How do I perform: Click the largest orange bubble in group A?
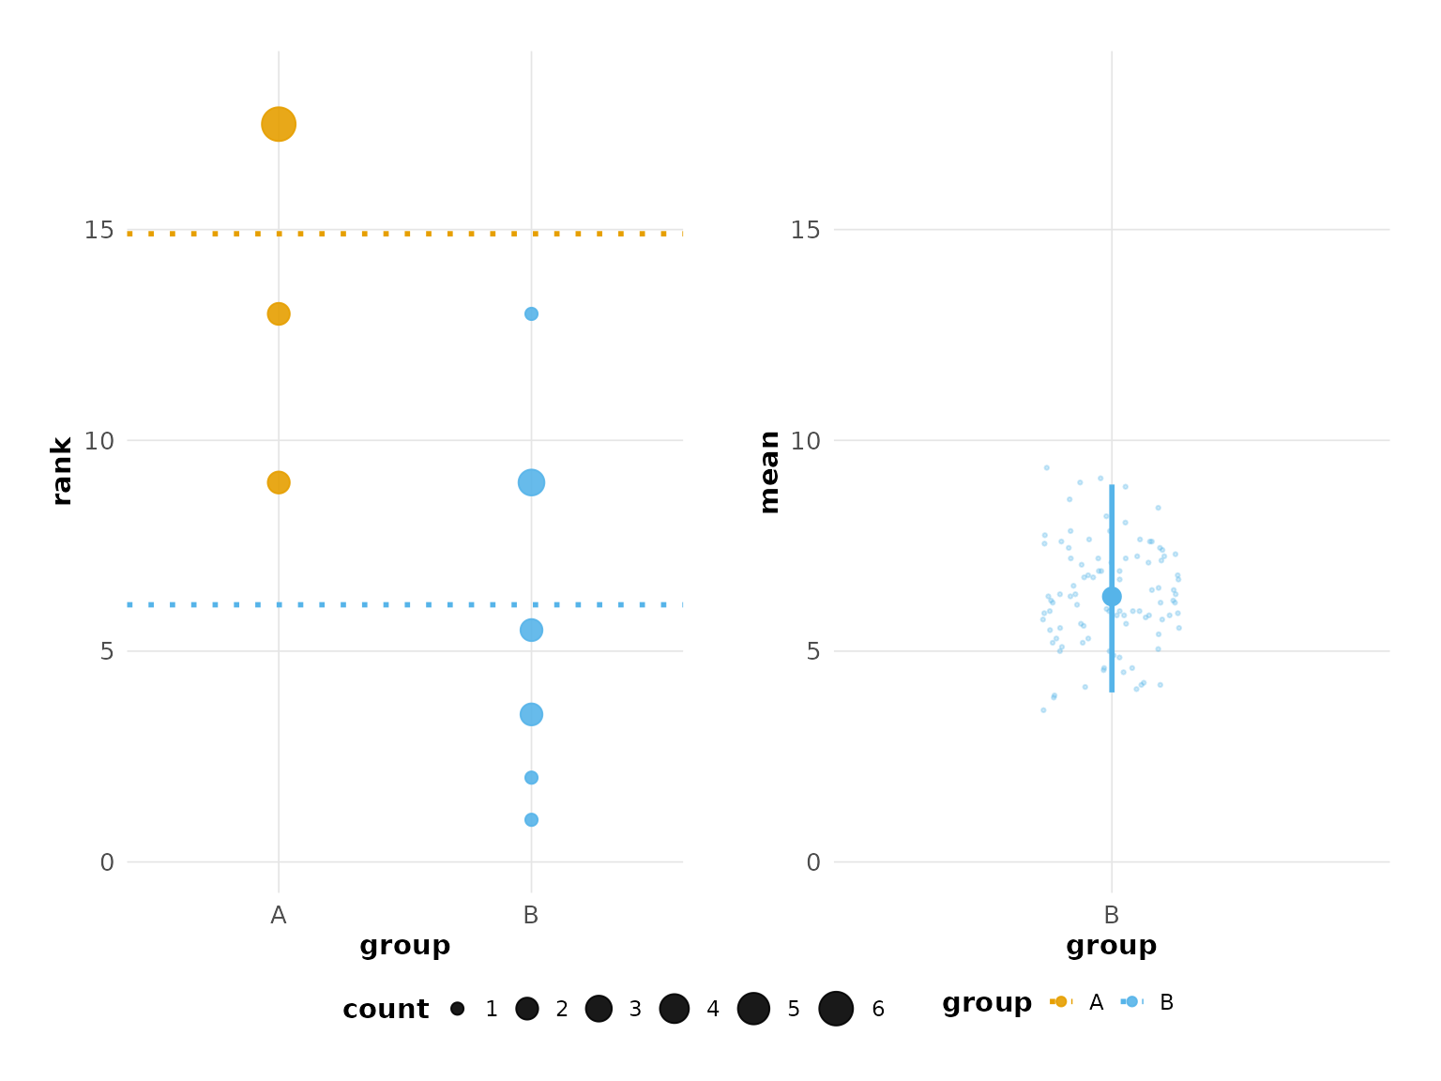click(x=278, y=124)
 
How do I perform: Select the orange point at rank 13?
click(x=278, y=313)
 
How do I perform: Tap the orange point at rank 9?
click(x=278, y=482)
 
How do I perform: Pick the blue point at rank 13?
click(x=531, y=313)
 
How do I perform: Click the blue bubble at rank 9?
click(x=531, y=482)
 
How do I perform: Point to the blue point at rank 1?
click(x=531, y=820)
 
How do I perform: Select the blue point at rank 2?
click(x=531, y=778)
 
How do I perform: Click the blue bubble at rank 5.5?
click(x=531, y=630)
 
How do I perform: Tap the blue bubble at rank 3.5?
click(x=531, y=714)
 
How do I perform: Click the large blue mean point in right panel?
click(x=1112, y=597)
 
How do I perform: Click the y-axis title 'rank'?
click(x=62, y=471)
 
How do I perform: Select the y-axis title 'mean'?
click(x=769, y=472)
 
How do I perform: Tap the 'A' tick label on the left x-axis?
click(x=278, y=916)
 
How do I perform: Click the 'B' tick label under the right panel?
click(x=1112, y=916)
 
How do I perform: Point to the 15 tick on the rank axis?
click(x=99, y=230)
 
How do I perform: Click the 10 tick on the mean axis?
click(x=805, y=440)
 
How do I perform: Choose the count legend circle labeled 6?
click(x=836, y=1009)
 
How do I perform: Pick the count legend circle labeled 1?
click(x=457, y=1009)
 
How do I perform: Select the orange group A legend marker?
click(x=1061, y=1002)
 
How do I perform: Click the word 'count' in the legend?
click(x=386, y=1010)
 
